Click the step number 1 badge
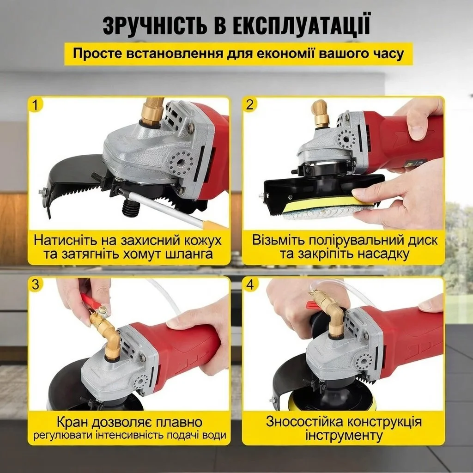pyautogui.click(x=35, y=105)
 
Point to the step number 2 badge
pyautogui.click(x=250, y=105)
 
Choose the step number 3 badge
pyautogui.click(x=35, y=285)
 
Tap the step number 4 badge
pyautogui.click(x=250, y=285)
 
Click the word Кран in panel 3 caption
pyautogui.click(x=74, y=422)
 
